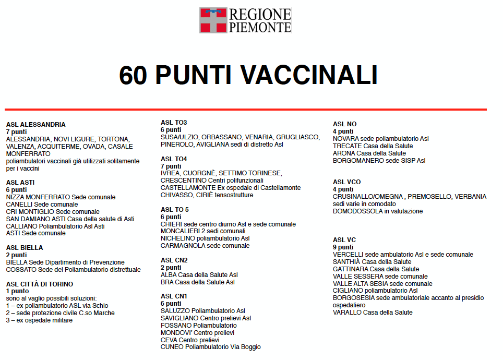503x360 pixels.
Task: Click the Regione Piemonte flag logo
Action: (213, 20)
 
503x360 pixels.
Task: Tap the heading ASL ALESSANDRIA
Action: (36, 125)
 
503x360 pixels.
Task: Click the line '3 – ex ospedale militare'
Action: (39, 320)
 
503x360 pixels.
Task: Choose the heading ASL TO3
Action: (174, 123)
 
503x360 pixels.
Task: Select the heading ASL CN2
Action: (174, 260)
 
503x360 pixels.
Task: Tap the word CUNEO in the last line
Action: (172, 347)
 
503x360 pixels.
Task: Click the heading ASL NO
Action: (344, 124)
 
